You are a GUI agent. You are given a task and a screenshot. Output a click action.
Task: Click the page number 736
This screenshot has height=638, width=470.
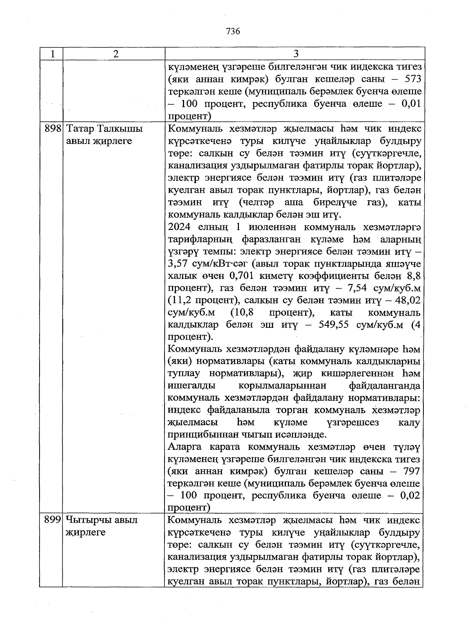(233, 31)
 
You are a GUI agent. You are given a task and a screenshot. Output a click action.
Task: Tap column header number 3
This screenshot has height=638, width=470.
(296, 54)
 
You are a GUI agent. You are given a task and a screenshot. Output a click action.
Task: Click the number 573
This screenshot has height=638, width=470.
(410, 79)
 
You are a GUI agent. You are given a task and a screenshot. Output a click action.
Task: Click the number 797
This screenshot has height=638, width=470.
(410, 471)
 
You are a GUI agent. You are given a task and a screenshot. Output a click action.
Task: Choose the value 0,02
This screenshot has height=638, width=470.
(410, 496)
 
